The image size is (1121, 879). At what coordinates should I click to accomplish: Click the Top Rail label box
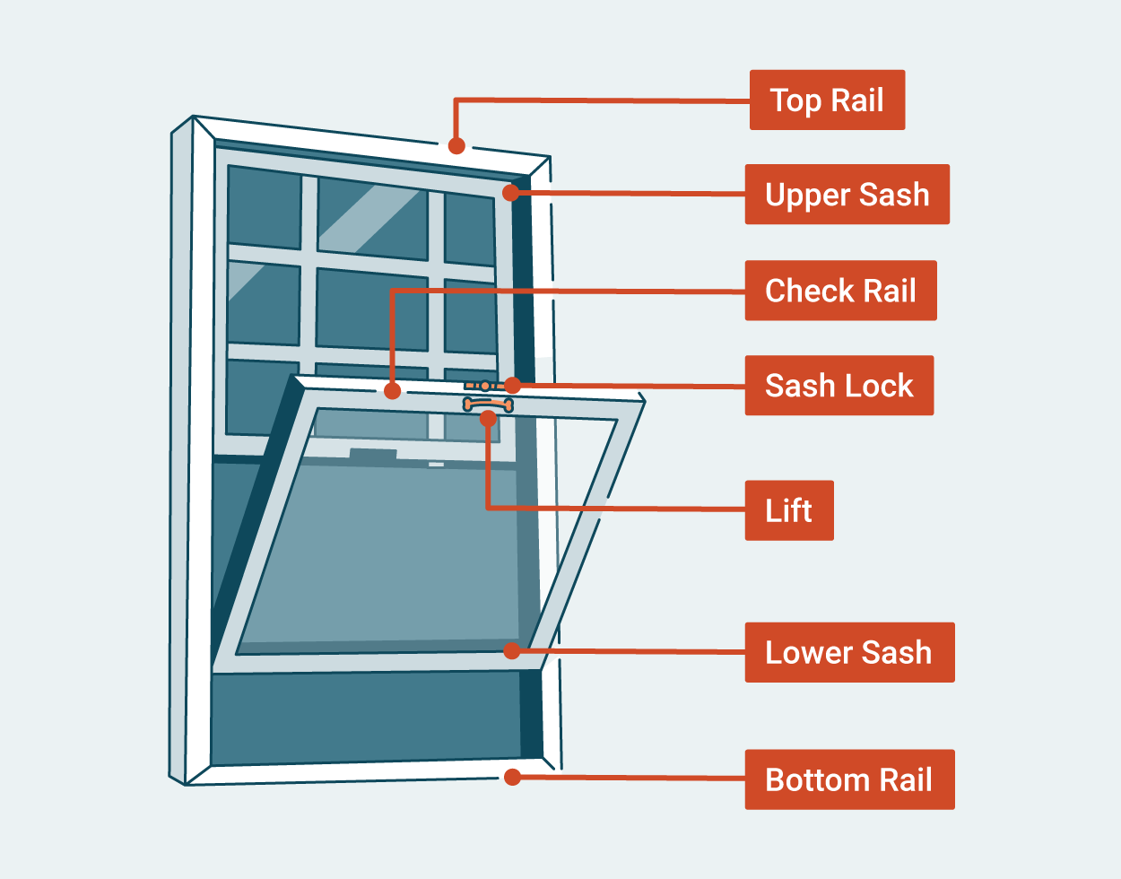click(827, 100)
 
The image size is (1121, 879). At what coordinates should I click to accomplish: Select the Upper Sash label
click(847, 195)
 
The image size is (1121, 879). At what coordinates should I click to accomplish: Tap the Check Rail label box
click(840, 291)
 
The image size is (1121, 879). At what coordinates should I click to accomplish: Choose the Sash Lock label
click(839, 386)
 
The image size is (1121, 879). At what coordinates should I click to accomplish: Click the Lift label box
click(789, 510)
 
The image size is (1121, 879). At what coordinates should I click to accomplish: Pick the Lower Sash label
click(848, 652)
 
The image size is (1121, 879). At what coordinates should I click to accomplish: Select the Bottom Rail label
click(848, 779)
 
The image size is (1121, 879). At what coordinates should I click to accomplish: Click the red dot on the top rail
click(456, 145)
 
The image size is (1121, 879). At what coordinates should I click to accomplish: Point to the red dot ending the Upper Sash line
click(511, 192)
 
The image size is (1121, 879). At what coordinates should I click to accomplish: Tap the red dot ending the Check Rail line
click(392, 391)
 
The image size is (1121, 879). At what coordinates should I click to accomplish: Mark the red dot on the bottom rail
click(512, 777)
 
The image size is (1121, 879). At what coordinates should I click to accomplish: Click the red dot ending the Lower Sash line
click(511, 650)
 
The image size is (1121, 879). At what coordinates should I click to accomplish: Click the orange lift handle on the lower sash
click(487, 405)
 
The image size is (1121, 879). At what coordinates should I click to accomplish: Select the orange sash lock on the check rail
click(485, 386)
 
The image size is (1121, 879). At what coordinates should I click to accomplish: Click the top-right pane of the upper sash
click(469, 230)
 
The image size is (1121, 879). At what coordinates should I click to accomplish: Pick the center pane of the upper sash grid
click(372, 308)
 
